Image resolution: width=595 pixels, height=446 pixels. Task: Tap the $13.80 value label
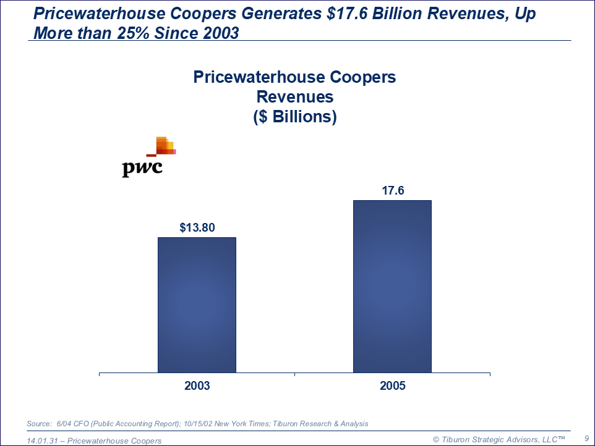(x=197, y=227)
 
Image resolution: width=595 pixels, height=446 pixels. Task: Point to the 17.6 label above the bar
(x=393, y=191)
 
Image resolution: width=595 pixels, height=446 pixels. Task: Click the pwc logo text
(x=142, y=168)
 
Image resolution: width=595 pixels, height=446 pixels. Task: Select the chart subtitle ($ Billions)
(x=295, y=117)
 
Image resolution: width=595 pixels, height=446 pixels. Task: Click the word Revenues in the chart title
(x=295, y=97)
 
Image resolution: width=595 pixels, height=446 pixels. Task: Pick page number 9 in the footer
(x=586, y=438)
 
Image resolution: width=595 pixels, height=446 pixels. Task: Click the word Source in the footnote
(x=38, y=424)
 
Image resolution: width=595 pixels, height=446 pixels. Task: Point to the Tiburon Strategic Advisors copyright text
(x=499, y=439)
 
